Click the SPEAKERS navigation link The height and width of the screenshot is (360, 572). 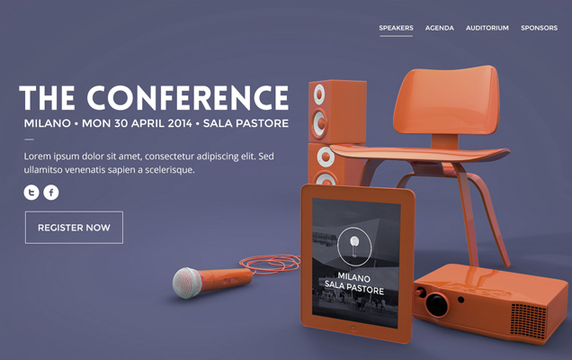[396, 28]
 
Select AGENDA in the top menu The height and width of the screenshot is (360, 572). [440, 28]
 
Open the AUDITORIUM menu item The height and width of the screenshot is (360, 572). [487, 28]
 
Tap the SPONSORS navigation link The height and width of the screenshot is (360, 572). [539, 28]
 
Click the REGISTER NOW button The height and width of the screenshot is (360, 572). [74, 227]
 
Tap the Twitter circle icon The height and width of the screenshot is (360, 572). [31, 192]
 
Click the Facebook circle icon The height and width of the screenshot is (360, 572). [51, 192]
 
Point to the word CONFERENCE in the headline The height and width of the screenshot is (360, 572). [187, 97]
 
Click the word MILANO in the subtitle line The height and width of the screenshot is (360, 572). [48, 123]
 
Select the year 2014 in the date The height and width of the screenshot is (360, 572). [180, 123]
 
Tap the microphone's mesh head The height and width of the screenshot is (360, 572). [187, 283]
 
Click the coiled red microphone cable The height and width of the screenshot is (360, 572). [270, 264]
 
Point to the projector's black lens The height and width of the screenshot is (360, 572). [437, 304]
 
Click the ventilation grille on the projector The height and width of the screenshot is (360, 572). [528, 319]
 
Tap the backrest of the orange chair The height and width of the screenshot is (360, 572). [447, 99]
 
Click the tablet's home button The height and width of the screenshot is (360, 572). [353, 329]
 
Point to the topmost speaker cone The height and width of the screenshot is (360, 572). [319, 94]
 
